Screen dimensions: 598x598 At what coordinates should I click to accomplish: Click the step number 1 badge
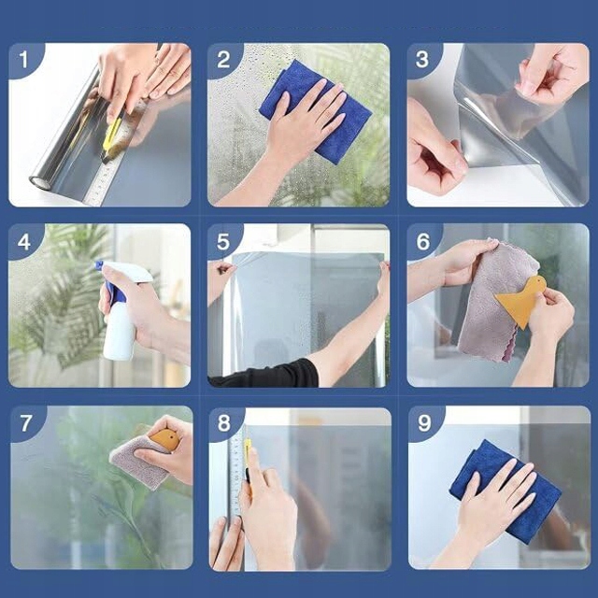pyautogui.click(x=23, y=60)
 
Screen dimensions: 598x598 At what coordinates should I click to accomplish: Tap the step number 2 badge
pyautogui.click(x=223, y=60)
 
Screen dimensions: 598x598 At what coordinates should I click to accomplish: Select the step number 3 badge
pyautogui.click(x=422, y=60)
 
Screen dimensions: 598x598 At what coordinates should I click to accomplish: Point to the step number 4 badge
pyautogui.click(x=23, y=242)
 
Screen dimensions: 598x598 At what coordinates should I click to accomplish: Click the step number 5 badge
pyautogui.click(x=223, y=242)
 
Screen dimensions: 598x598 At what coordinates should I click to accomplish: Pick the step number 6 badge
pyautogui.click(x=422, y=242)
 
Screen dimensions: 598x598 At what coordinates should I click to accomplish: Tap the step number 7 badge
pyautogui.click(x=25, y=423)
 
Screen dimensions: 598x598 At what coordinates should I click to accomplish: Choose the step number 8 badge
pyautogui.click(x=224, y=423)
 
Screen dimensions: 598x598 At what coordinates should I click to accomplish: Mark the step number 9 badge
pyautogui.click(x=424, y=423)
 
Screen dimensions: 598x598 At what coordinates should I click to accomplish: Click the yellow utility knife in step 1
pyautogui.click(x=112, y=137)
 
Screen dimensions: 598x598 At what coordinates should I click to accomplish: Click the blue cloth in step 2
pyautogui.click(x=315, y=110)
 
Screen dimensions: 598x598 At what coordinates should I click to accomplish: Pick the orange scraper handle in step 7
pyautogui.click(x=164, y=439)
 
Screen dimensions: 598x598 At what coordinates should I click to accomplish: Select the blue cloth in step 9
pyautogui.click(x=505, y=492)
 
